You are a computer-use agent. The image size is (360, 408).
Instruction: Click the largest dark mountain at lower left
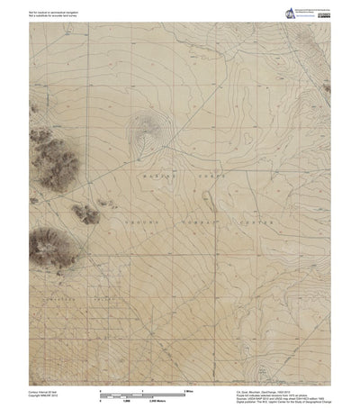pyautogui.click(x=47, y=246)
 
